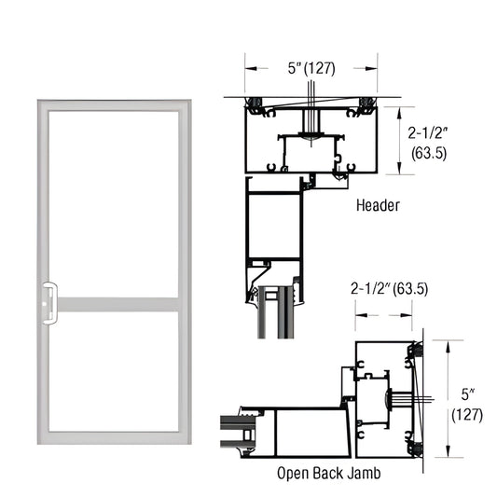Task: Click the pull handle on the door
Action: tap(48, 305)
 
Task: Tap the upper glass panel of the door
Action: tap(112, 200)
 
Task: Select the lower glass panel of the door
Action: tap(112, 371)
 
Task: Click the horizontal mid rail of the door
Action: tap(112, 305)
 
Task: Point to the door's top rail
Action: tap(112, 104)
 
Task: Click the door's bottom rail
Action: tap(112, 437)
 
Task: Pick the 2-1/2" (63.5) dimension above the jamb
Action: tap(389, 288)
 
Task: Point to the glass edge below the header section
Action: tap(273, 317)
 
